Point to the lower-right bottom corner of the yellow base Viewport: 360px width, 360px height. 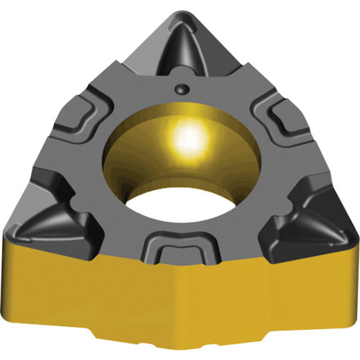click(x=338, y=317)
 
